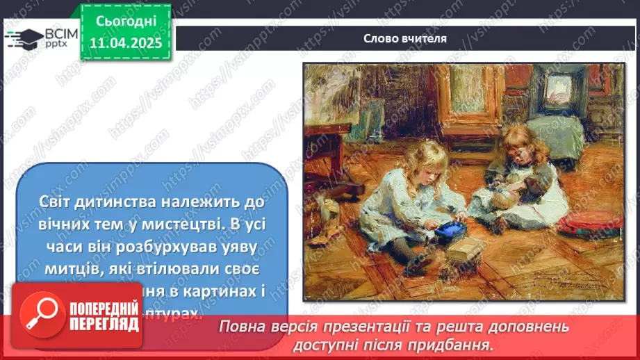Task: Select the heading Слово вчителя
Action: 404,38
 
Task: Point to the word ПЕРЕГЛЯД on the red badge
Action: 98,322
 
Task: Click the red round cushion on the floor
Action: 592,221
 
